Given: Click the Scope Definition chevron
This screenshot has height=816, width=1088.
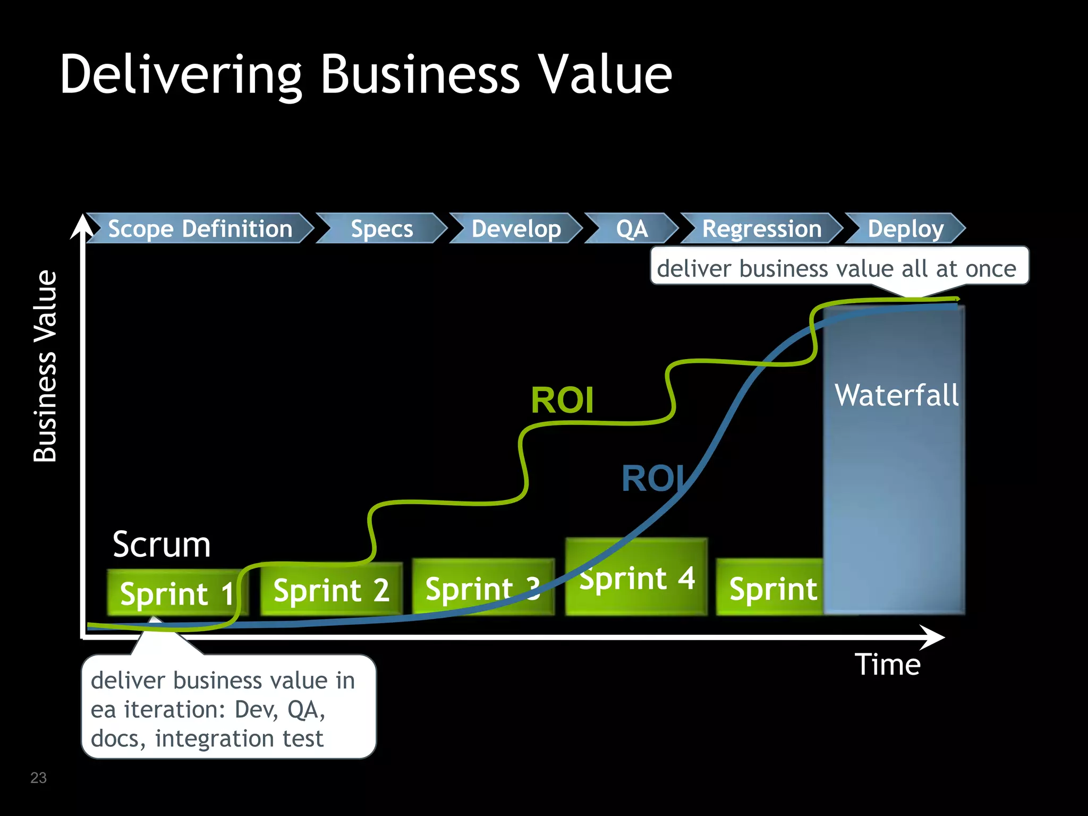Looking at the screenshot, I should (x=200, y=228).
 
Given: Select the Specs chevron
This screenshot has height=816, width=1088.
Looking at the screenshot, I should (x=381, y=228).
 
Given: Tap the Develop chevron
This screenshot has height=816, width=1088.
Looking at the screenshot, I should (x=516, y=228).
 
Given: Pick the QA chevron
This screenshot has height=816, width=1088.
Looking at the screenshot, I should (x=631, y=228).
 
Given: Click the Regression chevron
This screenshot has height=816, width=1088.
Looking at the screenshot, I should (x=761, y=228).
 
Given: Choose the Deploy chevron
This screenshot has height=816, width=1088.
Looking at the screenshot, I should (x=905, y=228).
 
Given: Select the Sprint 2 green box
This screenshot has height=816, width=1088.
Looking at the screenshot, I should (x=331, y=590).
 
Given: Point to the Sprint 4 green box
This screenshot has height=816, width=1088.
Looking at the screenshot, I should (x=636, y=578).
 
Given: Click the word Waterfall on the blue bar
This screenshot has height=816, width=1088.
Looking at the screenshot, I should (x=897, y=395).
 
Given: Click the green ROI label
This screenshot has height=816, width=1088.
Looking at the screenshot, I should (x=562, y=400).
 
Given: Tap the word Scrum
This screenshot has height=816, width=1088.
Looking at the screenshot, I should (x=161, y=545).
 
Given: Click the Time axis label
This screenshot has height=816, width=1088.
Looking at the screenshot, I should (x=887, y=665).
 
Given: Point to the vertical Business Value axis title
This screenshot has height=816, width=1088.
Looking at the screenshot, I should (x=45, y=367).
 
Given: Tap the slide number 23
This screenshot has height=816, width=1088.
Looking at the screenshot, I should (x=38, y=778).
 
